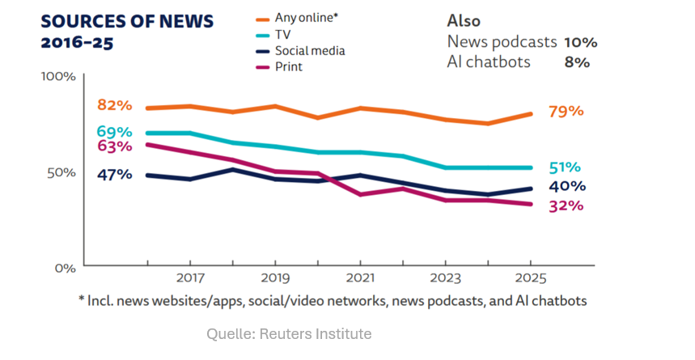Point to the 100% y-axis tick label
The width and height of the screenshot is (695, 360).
[58, 76]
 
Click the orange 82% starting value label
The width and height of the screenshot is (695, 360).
[114, 105]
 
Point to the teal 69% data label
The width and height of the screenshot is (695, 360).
[114, 131]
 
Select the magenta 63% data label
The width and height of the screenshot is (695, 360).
[114, 146]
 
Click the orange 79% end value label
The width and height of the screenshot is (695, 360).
[566, 111]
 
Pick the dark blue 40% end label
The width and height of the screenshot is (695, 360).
[567, 186]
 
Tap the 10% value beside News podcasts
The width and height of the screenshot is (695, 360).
[580, 42]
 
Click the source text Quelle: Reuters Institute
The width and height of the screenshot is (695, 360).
[289, 333]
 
